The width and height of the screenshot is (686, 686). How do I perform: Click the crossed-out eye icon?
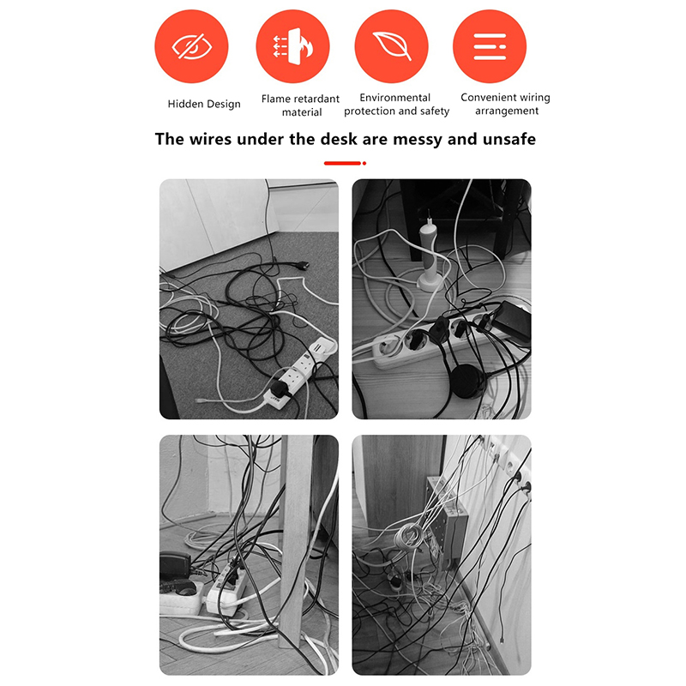[191, 46]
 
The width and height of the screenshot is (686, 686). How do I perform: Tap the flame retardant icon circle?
[292, 46]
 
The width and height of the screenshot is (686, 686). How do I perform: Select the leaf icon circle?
[391, 46]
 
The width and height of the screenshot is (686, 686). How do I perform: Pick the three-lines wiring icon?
[490, 46]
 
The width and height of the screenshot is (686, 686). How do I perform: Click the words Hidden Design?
[204, 104]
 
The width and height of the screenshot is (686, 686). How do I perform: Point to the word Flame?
[276, 99]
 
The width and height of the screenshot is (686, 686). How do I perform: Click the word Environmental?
[394, 98]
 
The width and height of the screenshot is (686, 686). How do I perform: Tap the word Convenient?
[487, 97]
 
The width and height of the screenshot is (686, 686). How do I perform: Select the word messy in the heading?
[418, 139]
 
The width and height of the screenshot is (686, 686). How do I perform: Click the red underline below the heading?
[342, 163]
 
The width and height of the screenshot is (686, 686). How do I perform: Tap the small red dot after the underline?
[364, 163]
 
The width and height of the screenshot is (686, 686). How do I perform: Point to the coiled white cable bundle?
[408, 538]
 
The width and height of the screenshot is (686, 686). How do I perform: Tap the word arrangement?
[507, 111]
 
